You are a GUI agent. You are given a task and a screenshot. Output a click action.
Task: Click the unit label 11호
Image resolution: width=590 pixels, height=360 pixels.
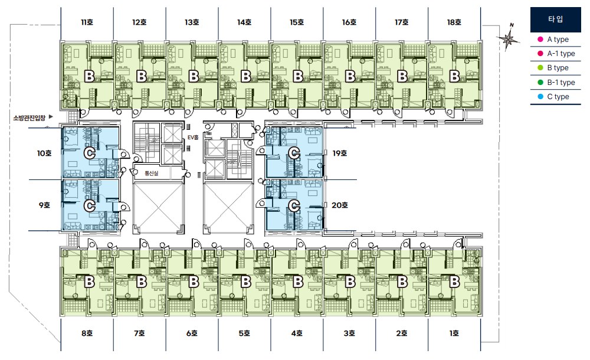87,22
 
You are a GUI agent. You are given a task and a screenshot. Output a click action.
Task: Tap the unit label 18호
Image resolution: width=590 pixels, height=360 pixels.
454,22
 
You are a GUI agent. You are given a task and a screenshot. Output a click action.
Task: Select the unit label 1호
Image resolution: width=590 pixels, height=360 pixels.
454,333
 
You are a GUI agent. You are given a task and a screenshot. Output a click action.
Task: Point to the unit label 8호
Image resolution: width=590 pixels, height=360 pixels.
87,333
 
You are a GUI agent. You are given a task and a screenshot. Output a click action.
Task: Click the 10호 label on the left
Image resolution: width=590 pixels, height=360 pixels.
44,153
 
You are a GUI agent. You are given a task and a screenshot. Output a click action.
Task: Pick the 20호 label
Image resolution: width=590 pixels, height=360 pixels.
339,205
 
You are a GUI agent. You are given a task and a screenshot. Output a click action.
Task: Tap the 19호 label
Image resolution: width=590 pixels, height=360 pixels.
339,153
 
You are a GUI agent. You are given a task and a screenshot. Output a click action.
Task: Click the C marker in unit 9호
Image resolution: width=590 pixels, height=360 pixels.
90,205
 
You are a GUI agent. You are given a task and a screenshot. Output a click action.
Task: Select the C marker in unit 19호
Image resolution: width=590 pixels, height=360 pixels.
294,153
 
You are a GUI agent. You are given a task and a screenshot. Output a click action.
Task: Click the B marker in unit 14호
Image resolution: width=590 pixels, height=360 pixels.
245,77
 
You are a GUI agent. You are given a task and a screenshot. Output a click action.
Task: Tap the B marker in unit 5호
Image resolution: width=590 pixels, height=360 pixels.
245,282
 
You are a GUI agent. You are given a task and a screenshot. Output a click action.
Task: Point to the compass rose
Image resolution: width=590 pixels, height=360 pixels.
509,38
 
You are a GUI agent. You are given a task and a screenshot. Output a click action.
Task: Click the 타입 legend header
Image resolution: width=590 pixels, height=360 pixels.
555,19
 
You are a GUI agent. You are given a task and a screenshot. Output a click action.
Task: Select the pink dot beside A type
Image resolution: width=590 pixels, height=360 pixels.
540,39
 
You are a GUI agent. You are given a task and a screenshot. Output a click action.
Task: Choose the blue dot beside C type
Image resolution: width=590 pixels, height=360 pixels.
540,97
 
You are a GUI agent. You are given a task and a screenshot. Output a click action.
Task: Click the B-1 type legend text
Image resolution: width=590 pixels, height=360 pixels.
561,83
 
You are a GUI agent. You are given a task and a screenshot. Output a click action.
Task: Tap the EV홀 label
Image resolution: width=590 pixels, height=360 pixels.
193,138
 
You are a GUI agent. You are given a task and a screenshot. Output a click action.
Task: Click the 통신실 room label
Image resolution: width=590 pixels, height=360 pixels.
151,174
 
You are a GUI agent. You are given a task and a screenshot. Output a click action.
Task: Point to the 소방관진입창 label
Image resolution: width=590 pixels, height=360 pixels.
29,118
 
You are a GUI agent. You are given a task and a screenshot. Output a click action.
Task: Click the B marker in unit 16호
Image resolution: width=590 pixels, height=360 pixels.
350,77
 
